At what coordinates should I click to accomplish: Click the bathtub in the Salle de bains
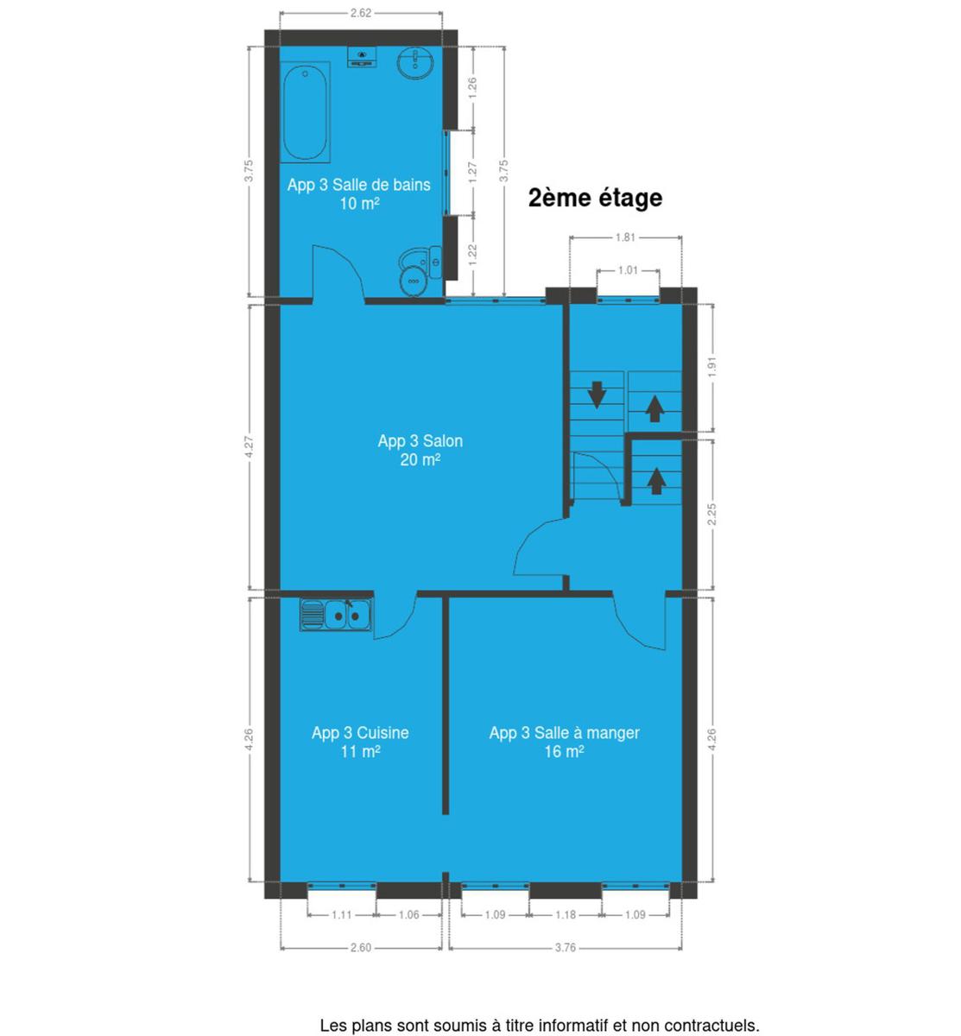tap(305, 112)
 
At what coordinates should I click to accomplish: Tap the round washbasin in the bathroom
tap(415, 64)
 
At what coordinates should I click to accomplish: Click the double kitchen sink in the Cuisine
tap(336, 616)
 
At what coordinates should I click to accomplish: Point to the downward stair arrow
tap(597, 395)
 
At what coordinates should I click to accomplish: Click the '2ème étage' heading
tap(595, 199)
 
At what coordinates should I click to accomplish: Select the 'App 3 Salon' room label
tap(420, 441)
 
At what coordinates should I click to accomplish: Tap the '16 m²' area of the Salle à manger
tap(564, 752)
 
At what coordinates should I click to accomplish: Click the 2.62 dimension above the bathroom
tap(361, 13)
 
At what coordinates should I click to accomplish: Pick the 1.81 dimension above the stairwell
tap(625, 237)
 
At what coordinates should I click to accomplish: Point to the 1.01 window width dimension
tap(628, 270)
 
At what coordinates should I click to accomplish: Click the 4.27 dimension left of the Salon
tap(250, 446)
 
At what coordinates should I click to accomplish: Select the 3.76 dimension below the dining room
tap(566, 947)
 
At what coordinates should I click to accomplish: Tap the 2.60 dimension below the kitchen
tap(361, 947)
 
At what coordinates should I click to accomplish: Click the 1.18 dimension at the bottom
tap(566, 914)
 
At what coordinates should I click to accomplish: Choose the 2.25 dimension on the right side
tap(712, 514)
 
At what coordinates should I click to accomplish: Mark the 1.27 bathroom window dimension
tap(472, 172)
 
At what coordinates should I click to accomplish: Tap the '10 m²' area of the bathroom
tap(359, 204)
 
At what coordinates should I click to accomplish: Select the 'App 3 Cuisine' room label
tap(360, 733)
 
